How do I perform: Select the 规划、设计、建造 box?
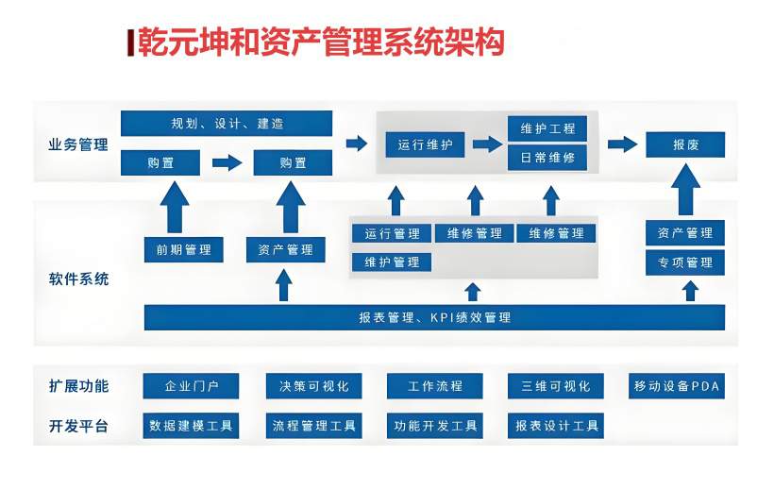227,124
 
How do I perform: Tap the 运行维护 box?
425,145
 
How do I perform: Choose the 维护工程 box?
547,128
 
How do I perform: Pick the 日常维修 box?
547,158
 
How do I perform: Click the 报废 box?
685,145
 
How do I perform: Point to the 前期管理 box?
184,250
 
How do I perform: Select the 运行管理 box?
392,233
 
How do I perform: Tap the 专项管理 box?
685,262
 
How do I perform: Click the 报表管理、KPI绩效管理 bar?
434,318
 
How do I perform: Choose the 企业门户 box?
191,386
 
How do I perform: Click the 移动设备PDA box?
676,386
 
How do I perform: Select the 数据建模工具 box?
191,426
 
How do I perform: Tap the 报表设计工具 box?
557,426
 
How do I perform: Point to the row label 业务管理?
78,145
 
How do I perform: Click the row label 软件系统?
78,279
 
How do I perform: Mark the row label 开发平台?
78,426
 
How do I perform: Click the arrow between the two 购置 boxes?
227,163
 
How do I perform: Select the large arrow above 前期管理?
176,206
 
